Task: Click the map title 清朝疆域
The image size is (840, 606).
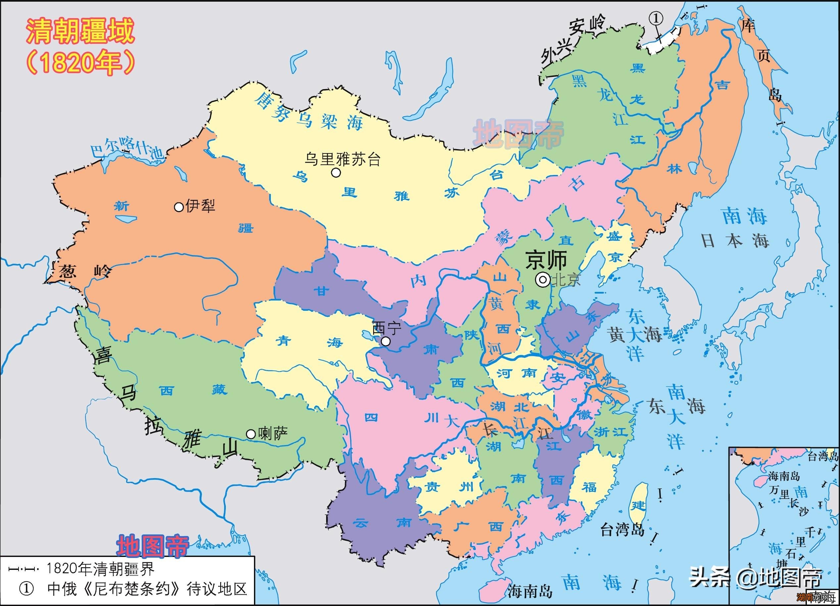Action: pos(80,31)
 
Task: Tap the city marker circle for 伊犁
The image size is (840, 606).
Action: pos(179,207)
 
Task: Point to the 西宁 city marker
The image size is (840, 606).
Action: pos(385,341)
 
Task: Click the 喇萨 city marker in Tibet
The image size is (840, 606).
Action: pos(251,434)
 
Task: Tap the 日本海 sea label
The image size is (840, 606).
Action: pos(735,241)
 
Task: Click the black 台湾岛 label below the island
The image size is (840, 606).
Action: pos(622,530)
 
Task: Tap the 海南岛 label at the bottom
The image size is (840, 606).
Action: pos(530,591)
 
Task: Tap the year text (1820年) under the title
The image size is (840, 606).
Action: pos(80,61)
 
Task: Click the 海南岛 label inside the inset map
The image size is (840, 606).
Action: pos(784,476)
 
